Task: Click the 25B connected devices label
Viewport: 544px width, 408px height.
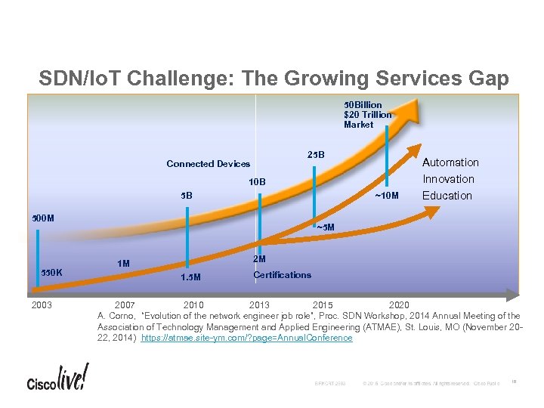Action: [316, 155]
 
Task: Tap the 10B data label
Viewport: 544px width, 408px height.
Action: [258, 181]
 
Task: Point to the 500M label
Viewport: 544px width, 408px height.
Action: [39, 218]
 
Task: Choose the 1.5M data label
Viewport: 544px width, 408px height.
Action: [190, 277]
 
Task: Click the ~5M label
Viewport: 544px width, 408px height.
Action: [324, 227]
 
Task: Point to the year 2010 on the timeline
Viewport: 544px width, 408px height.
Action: [193, 305]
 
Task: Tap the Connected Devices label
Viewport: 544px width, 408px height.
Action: [208, 164]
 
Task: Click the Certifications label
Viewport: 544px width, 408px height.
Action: [282, 275]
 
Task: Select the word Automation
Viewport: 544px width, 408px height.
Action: [450, 162]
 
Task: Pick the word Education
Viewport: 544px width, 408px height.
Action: [447, 196]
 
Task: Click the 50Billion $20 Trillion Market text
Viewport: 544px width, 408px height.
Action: [367, 114]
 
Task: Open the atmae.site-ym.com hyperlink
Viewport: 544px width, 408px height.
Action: [246, 338]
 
